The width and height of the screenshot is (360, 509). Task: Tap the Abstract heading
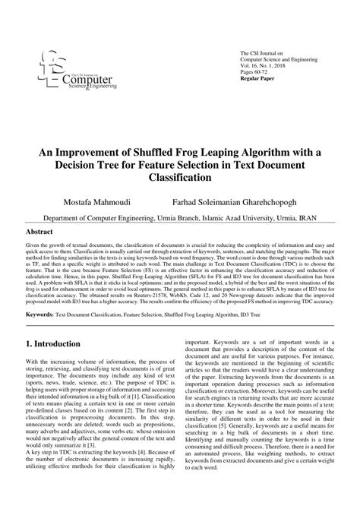[39, 231]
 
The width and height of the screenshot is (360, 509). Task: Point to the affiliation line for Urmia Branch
[179, 217]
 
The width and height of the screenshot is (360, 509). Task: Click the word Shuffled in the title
[145, 150]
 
